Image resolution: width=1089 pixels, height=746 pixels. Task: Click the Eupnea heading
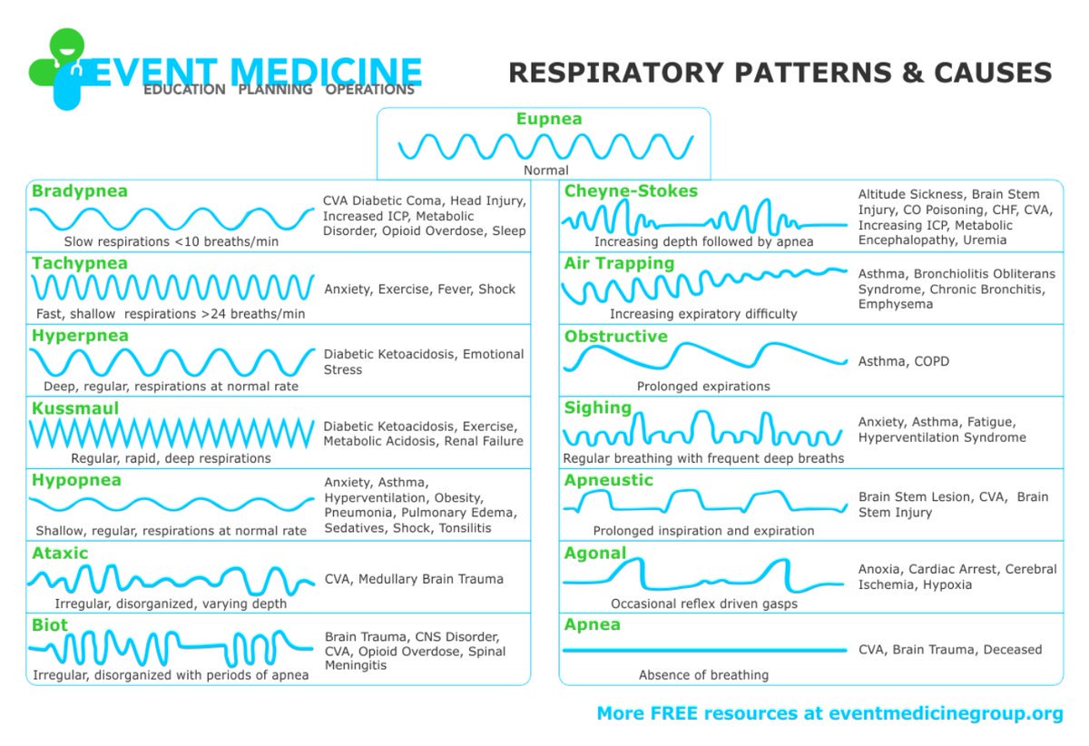(x=549, y=119)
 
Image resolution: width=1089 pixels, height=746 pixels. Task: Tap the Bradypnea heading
(x=80, y=191)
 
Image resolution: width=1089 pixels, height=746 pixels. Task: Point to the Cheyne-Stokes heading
(x=631, y=191)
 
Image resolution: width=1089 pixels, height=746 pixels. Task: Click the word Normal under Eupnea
(x=546, y=171)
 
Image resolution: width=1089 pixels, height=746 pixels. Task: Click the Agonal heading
(x=595, y=553)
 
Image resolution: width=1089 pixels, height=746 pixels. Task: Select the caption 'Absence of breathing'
(x=703, y=675)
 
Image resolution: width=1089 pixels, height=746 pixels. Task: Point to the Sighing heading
(x=598, y=408)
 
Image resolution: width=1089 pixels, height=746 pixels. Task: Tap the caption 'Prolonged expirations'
(x=703, y=387)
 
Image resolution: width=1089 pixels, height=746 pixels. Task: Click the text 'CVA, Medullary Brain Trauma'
(x=414, y=579)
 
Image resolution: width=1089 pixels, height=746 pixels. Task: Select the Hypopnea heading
(x=76, y=481)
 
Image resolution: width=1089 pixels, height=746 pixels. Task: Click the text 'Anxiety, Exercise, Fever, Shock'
(x=420, y=290)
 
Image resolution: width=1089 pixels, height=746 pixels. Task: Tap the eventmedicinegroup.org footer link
(x=946, y=713)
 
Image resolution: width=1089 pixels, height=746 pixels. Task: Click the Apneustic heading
(x=609, y=481)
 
